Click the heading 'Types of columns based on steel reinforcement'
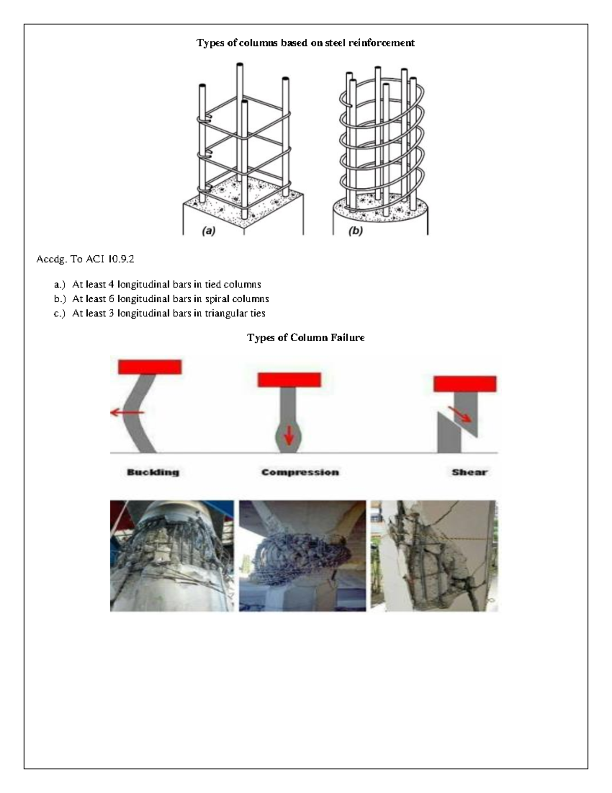[x=305, y=43]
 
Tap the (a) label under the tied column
[x=209, y=231]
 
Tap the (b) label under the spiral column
[x=355, y=231]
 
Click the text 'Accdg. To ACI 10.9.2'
[x=85, y=259]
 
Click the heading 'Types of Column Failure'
[x=305, y=338]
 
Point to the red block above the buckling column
[x=150, y=367]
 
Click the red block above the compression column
[x=289, y=379]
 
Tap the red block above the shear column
[x=465, y=383]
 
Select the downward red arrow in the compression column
[x=289, y=436]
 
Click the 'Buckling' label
[x=153, y=472]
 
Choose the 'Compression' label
[x=300, y=472]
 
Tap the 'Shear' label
[x=469, y=472]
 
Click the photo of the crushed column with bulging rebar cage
[x=302, y=556]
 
